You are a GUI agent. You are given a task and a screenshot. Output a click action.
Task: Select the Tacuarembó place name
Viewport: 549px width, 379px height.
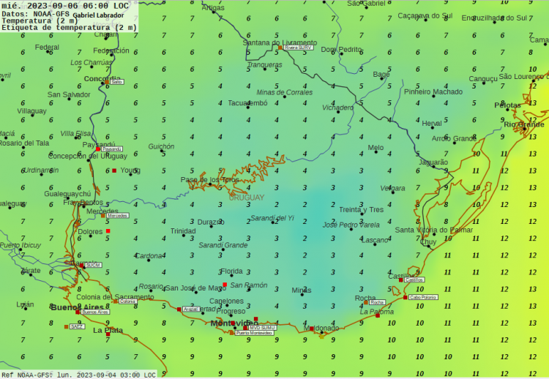[x=247, y=103]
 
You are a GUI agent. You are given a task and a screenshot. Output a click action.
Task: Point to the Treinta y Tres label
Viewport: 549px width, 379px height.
[x=361, y=210]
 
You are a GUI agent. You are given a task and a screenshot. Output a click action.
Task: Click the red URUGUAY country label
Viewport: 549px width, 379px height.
[x=247, y=198]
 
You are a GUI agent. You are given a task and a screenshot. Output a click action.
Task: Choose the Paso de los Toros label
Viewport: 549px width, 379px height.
[x=210, y=179]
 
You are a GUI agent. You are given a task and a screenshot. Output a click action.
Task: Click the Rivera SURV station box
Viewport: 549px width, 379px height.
[x=299, y=47]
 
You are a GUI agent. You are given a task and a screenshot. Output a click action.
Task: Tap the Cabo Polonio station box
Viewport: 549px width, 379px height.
[x=423, y=297]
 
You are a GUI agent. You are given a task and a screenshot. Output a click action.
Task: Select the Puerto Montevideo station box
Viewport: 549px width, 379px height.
[x=254, y=333]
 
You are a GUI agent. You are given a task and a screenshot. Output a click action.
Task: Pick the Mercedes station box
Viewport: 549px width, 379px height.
[x=117, y=216]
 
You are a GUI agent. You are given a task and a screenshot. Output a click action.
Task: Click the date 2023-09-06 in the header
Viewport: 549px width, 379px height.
[x=63, y=6]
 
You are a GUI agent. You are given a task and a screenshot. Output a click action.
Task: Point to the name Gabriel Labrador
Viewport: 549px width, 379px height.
[x=98, y=15]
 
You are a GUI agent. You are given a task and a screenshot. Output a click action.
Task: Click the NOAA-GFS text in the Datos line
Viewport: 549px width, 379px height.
[x=51, y=14]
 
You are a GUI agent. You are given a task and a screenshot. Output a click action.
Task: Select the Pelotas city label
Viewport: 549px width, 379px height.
[x=507, y=105]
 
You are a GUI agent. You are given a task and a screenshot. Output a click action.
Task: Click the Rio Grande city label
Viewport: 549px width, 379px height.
[x=525, y=124]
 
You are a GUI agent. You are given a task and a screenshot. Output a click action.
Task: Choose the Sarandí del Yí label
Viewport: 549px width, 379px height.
[x=272, y=218]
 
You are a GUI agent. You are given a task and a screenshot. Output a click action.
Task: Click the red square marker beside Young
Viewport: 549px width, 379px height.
[x=114, y=170]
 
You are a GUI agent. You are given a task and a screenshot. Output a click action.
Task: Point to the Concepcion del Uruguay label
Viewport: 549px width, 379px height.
[x=87, y=156]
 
